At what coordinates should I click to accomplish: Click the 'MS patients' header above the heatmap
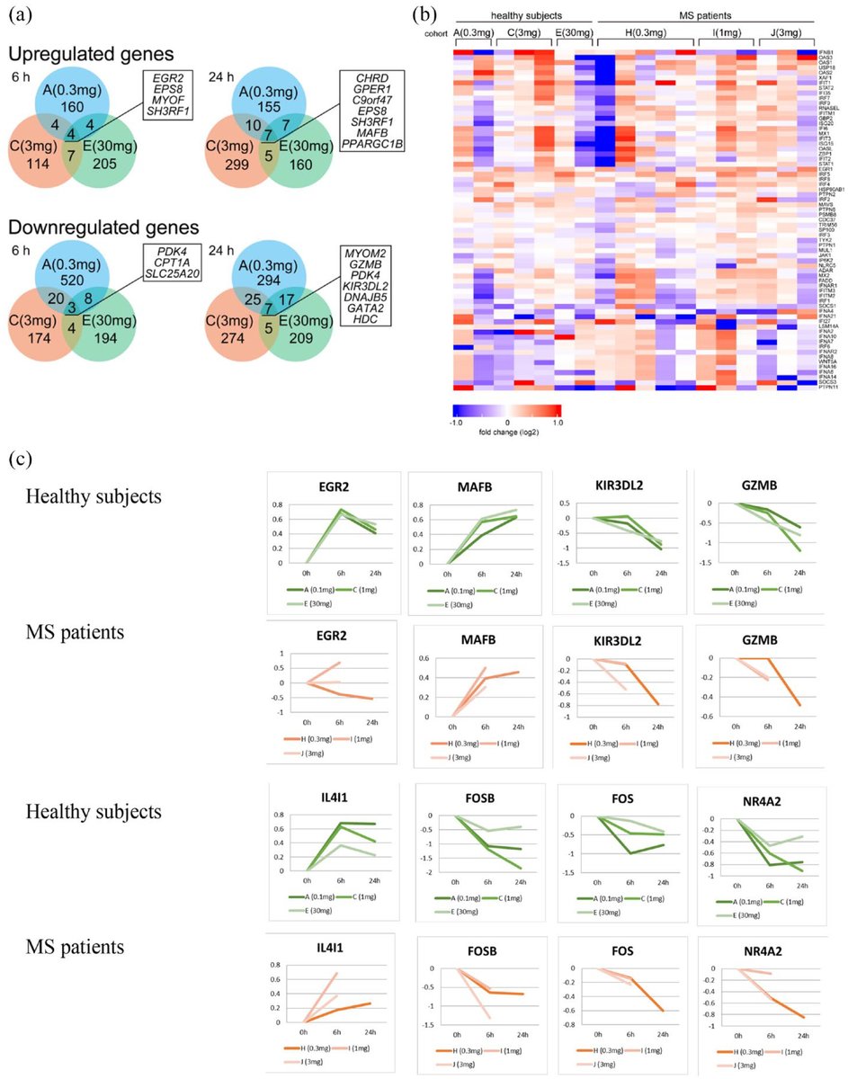[x=706, y=17]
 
